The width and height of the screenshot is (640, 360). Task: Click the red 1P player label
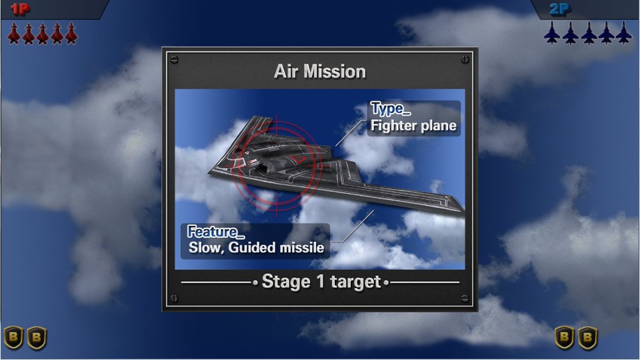click(x=19, y=9)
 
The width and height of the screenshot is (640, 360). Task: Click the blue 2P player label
click(x=559, y=9)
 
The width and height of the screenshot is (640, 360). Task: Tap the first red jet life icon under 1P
click(x=14, y=33)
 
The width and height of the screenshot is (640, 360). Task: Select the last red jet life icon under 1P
click(x=71, y=33)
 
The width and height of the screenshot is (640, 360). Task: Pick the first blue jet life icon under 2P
click(x=552, y=33)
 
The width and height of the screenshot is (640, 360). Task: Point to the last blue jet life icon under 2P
click(x=624, y=33)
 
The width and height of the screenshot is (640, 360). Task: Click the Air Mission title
click(x=320, y=71)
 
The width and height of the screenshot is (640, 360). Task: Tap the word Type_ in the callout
click(x=390, y=109)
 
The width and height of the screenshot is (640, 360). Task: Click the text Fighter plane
click(x=413, y=126)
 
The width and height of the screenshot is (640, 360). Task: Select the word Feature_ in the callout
click(x=215, y=232)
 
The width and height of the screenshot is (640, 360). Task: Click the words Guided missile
click(x=276, y=247)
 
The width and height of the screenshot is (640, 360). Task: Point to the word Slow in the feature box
click(x=206, y=247)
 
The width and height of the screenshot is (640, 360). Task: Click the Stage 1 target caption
click(x=321, y=281)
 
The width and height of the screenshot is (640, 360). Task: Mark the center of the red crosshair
click(x=277, y=166)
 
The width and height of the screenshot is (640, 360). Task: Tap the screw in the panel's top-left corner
click(x=174, y=59)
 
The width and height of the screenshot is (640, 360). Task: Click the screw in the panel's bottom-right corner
click(x=465, y=299)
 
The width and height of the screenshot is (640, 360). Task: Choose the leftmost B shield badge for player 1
click(x=13, y=337)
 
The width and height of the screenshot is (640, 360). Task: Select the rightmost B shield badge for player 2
click(x=588, y=337)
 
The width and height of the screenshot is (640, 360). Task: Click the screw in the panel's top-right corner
click(x=465, y=59)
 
